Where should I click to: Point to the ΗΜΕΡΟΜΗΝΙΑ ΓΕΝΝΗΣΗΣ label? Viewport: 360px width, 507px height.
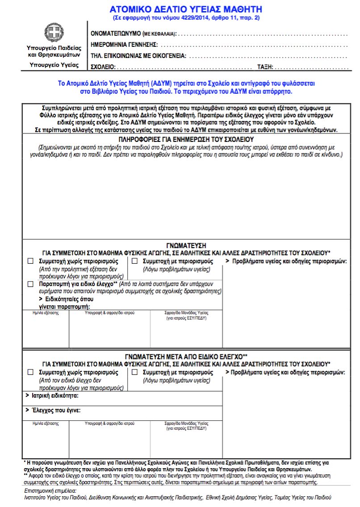click(125, 45)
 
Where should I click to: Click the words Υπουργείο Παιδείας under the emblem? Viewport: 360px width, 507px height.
click(53, 47)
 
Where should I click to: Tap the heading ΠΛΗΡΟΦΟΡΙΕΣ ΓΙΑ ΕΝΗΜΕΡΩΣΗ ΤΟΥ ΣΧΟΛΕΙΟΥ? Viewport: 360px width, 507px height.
click(186, 140)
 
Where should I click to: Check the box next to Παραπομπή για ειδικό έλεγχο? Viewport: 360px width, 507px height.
click(30, 284)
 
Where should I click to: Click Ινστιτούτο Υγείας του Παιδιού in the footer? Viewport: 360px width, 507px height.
click(56, 497)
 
